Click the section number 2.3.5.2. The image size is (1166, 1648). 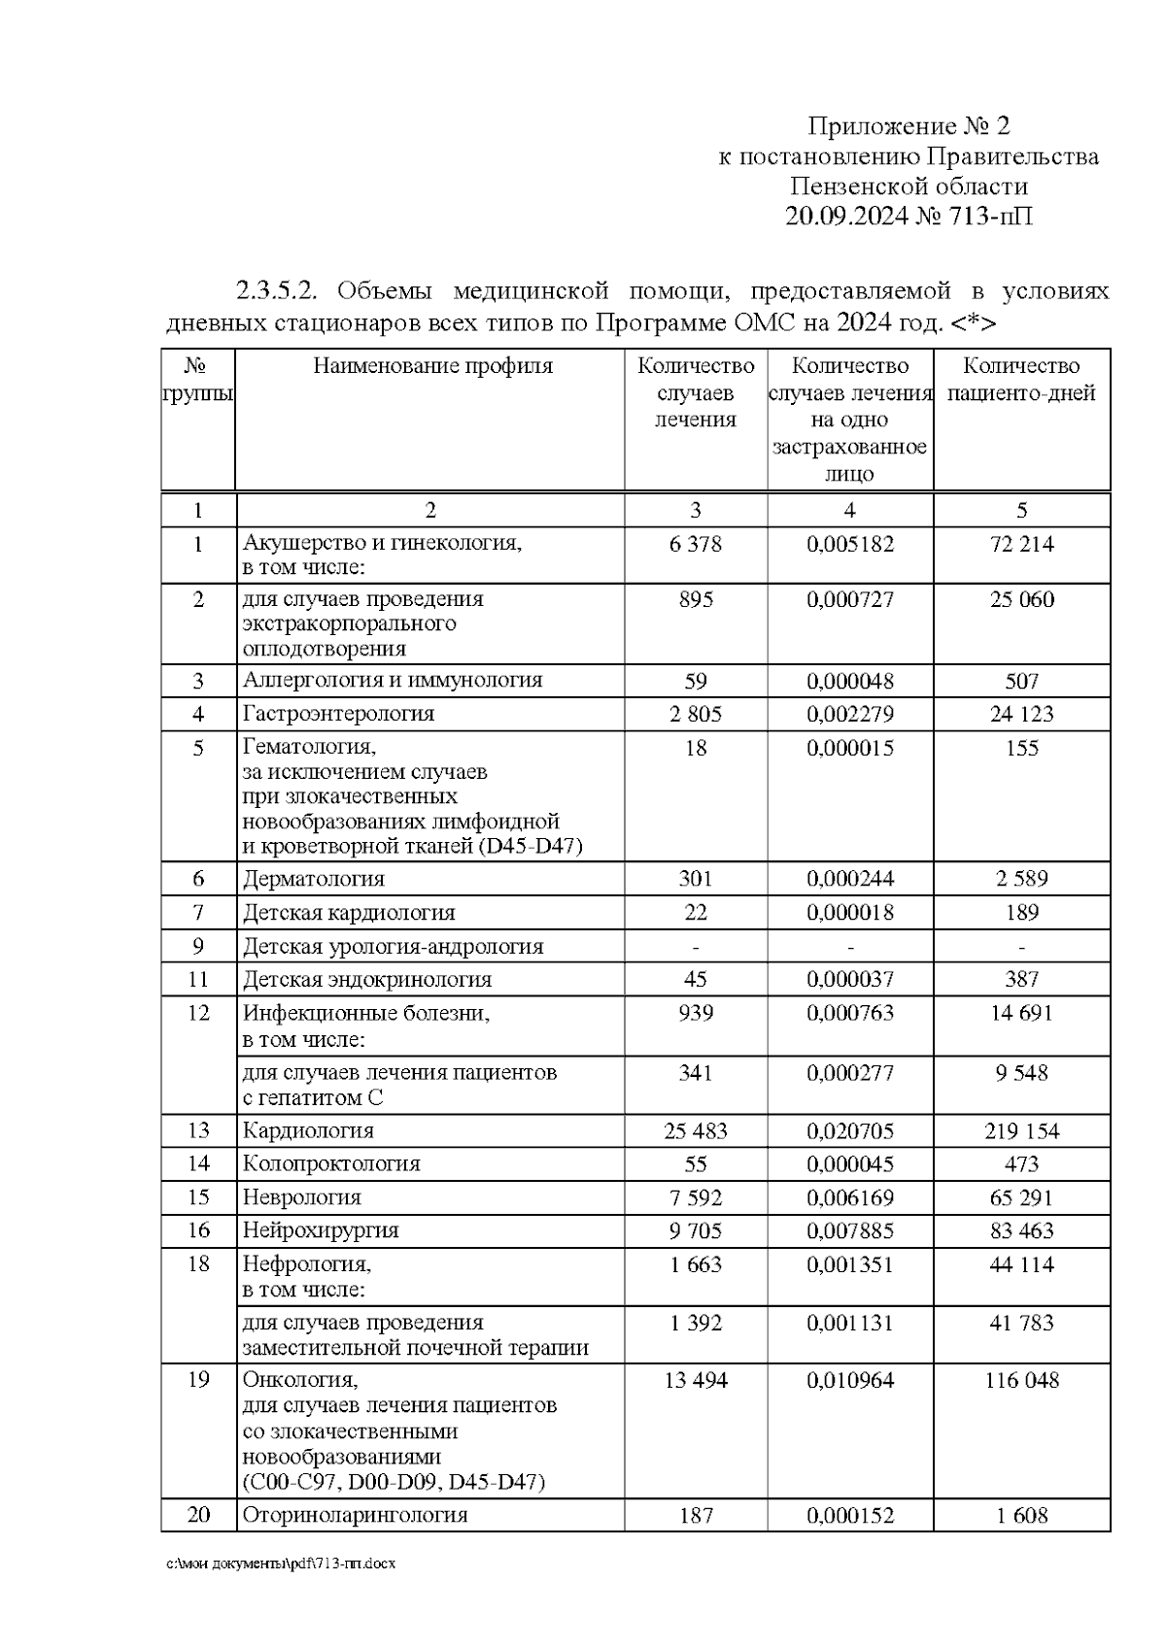283,290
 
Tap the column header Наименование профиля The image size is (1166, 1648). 432,366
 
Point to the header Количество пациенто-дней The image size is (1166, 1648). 1021,380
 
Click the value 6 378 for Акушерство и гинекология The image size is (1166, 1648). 696,544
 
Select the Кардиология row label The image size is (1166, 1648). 308,1130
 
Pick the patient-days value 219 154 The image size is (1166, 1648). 1021,1131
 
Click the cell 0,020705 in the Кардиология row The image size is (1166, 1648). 850,1131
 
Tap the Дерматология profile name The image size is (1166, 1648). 313,879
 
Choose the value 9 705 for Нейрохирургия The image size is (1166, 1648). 696,1231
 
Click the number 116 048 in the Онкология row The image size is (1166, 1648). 1021,1380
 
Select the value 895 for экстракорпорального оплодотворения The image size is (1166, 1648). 696,600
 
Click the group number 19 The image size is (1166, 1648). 198,1380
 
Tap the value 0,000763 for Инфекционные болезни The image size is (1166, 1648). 850,1014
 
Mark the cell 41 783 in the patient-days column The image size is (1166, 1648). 1021,1323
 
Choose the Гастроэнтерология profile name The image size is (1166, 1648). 338,714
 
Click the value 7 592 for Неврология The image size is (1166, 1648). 696,1198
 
